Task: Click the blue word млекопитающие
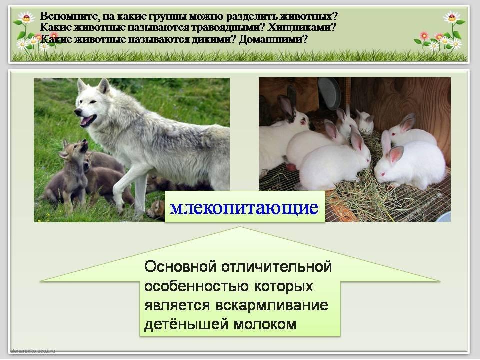click(x=244, y=208)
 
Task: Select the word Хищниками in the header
click(x=302, y=28)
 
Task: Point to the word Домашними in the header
click(x=273, y=39)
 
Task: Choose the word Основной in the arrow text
click(x=180, y=266)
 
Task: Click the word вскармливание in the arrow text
click(x=272, y=305)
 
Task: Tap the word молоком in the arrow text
click(x=265, y=324)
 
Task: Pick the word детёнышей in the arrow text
click(x=187, y=324)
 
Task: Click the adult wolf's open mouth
click(x=88, y=120)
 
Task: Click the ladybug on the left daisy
click(x=26, y=18)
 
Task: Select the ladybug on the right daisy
click(x=452, y=18)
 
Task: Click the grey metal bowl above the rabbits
click(x=329, y=93)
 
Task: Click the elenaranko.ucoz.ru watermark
click(x=33, y=351)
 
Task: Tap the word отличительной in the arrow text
click(x=276, y=266)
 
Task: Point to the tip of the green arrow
click(x=240, y=227)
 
